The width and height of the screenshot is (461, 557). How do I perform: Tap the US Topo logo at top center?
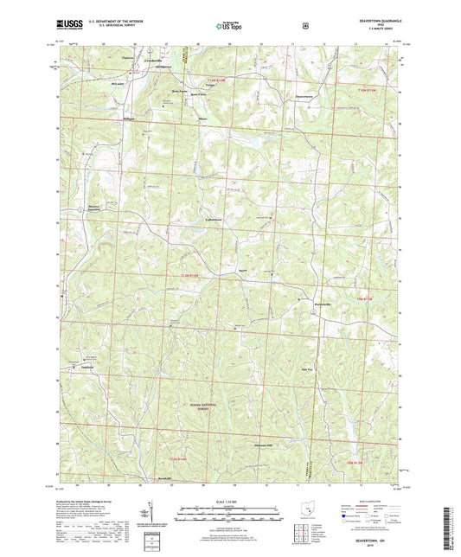pyautogui.click(x=229, y=26)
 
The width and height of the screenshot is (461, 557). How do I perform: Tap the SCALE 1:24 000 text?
pyautogui.click(x=230, y=501)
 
